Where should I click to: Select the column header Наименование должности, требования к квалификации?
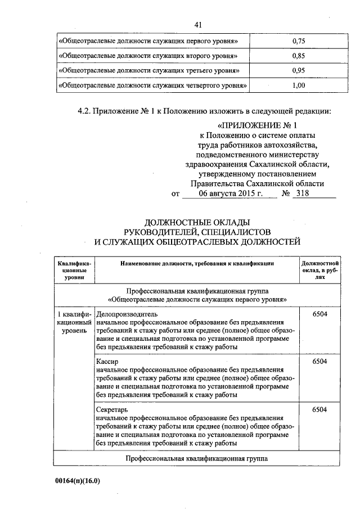(x=196, y=263)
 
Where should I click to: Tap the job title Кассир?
(x=107, y=361)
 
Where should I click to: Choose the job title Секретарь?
(x=112, y=409)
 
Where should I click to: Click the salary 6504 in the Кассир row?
(x=319, y=361)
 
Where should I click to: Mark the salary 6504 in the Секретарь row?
(x=319, y=409)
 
